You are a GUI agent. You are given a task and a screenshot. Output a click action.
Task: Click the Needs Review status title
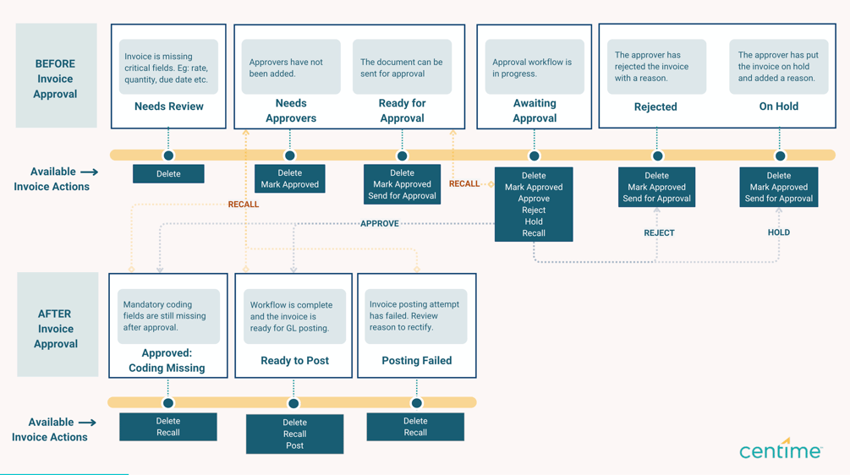point(168,106)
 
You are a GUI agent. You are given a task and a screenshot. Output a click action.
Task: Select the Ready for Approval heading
point(402,110)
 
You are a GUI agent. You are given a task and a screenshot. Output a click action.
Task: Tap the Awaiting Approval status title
point(535,110)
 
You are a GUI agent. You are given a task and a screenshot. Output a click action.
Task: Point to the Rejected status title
point(655,106)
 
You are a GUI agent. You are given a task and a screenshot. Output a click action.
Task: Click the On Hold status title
point(778,106)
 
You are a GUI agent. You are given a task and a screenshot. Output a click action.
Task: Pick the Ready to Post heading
point(294,361)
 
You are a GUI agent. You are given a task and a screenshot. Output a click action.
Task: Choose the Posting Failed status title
point(416,361)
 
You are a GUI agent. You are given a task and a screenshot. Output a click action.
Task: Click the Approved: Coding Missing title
point(167,361)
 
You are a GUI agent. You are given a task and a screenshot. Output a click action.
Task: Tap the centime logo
point(780,450)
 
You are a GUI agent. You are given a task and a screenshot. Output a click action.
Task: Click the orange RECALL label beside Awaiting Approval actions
point(464,183)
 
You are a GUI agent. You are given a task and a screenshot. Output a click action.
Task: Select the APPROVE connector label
point(379,224)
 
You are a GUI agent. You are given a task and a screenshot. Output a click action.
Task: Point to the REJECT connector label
point(659,233)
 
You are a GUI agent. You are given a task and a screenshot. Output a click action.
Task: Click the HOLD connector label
point(778,232)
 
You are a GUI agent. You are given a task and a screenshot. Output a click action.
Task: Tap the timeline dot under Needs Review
point(168,156)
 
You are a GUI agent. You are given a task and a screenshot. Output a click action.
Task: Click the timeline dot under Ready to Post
point(293,403)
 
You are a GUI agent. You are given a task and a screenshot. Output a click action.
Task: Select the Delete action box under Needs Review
point(168,174)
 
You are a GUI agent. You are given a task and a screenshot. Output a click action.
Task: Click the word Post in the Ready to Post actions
point(294,445)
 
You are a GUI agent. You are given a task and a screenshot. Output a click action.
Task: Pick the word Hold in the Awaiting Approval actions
point(534,221)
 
